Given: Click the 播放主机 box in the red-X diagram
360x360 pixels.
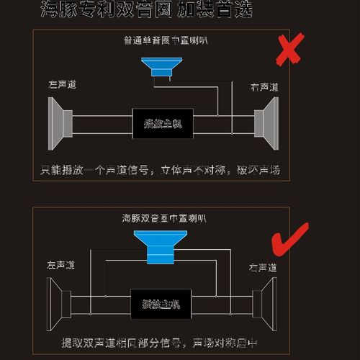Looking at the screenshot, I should point(163,123).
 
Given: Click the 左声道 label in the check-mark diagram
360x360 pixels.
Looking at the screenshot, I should point(61,264).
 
